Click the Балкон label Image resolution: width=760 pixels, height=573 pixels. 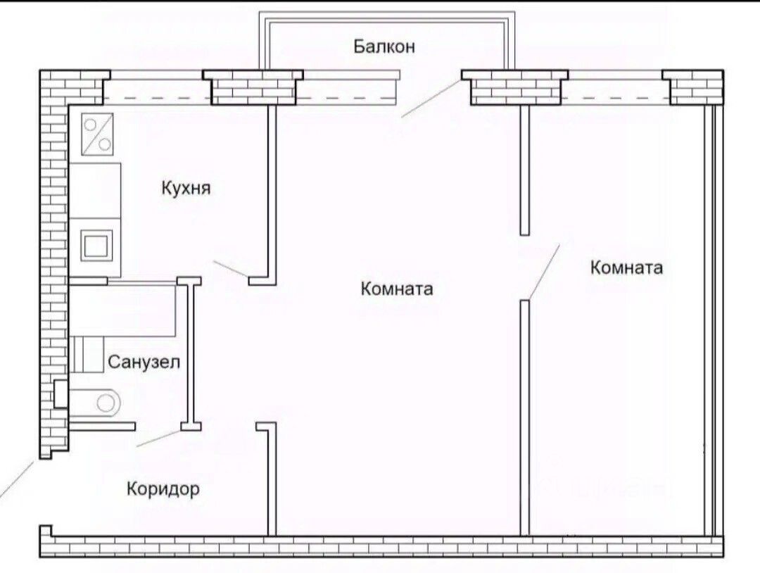tap(384, 47)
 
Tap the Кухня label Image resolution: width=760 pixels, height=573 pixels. tap(186, 189)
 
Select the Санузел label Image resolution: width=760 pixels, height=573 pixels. tap(144, 363)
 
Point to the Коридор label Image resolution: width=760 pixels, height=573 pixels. tap(163, 489)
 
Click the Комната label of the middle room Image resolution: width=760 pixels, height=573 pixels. tap(396, 289)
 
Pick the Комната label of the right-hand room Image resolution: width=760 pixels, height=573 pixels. tap(626, 267)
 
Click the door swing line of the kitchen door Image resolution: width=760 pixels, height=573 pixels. tap(231, 269)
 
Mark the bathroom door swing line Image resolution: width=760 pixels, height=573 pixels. tap(160, 437)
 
